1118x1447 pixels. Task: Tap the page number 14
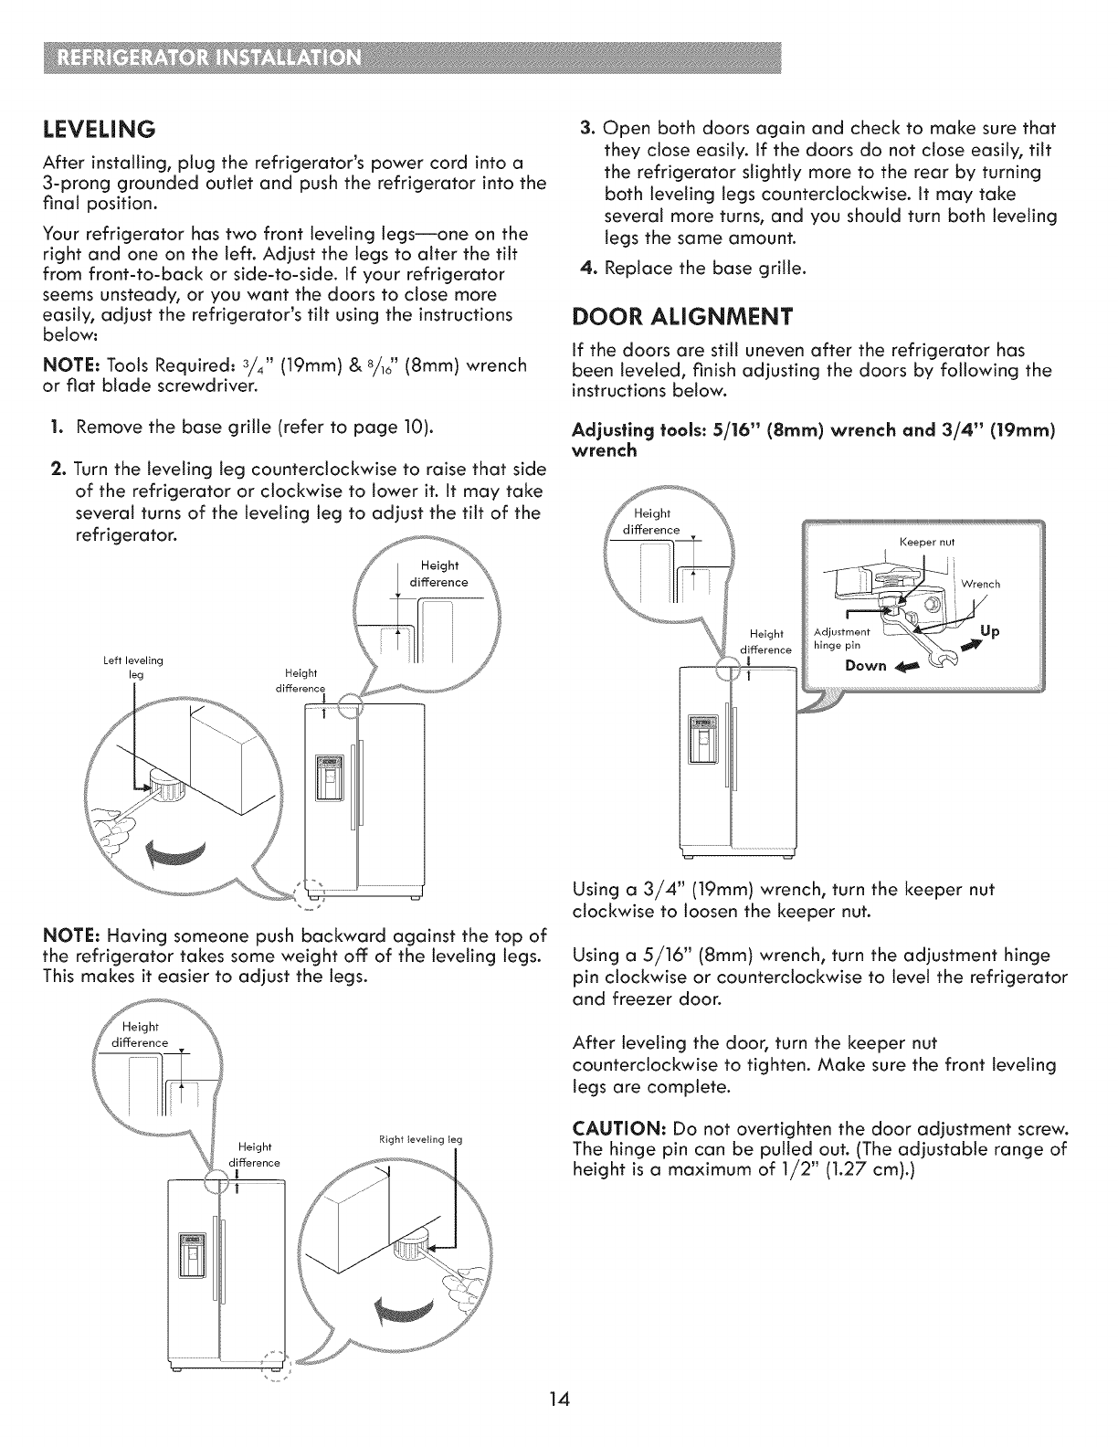559,1399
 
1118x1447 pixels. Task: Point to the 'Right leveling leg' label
420,1139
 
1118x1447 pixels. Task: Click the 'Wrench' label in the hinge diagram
981,584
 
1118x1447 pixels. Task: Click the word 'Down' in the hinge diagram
865,665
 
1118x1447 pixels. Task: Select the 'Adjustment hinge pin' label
841,638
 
